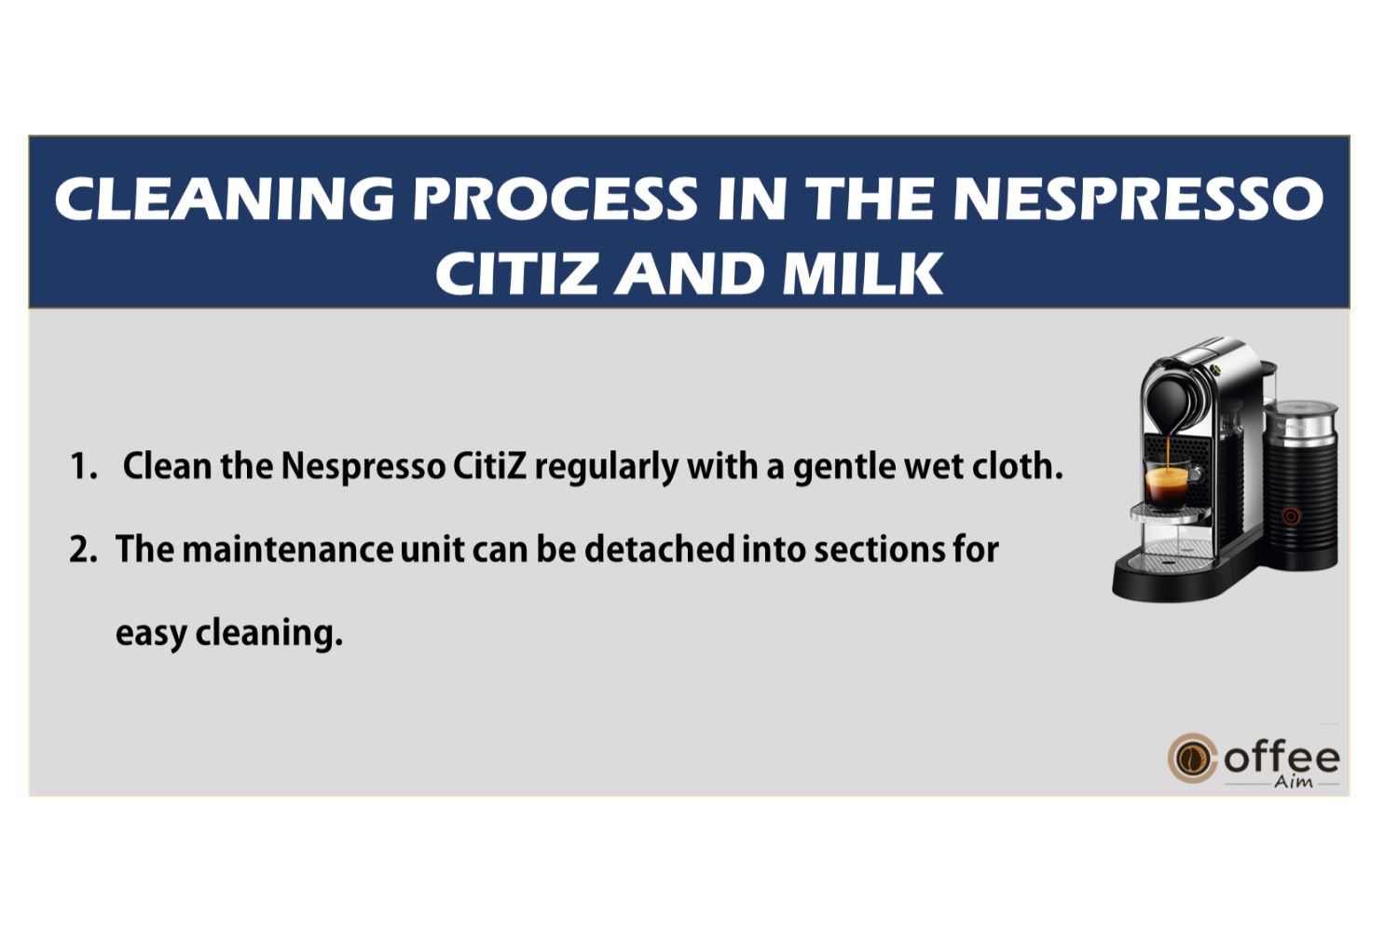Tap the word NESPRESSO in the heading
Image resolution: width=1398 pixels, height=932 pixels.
coord(1138,199)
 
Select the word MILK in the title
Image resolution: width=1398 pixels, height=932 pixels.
coord(862,273)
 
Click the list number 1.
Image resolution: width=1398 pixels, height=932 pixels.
coord(84,466)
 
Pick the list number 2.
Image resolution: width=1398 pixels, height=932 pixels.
coord(83,550)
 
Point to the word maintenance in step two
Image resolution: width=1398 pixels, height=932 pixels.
coord(288,550)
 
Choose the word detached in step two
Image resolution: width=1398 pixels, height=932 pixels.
coord(659,549)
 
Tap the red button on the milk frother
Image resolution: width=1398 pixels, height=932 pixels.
coord(1291,516)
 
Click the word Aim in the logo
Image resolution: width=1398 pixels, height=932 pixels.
coord(1293,781)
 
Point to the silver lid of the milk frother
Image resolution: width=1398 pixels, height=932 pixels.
coord(1301,416)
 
